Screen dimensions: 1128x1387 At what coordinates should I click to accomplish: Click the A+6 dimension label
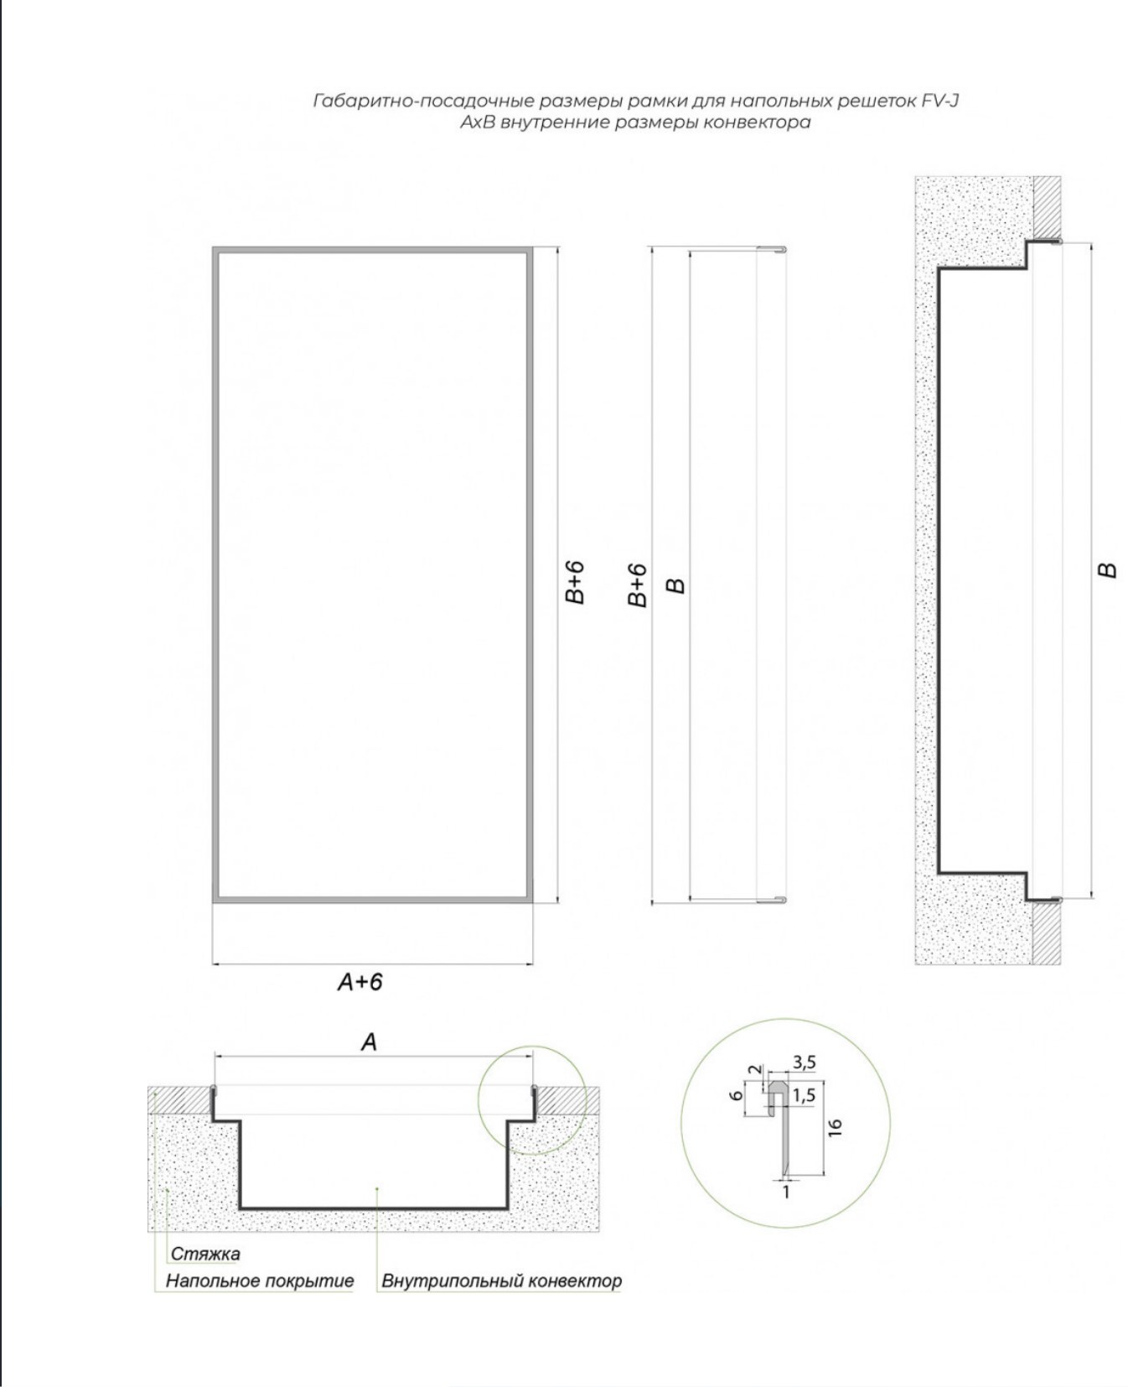tap(360, 981)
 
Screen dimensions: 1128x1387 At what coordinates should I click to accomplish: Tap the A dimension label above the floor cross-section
tap(369, 1042)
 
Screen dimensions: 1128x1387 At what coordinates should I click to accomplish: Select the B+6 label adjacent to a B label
tap(638, 584)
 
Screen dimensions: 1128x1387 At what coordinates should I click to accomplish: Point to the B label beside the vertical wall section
tap(1108, 570)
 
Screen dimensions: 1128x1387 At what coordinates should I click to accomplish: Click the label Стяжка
tap(205, 1254)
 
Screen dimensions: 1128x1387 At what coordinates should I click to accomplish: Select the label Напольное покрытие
tap(260, 1281)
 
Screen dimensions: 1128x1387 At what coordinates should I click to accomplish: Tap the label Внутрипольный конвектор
tap(501, 1281)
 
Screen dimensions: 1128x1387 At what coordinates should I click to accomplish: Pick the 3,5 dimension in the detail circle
tap(804, 1062)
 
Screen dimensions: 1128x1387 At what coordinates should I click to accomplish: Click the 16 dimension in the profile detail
tap(835, 1128)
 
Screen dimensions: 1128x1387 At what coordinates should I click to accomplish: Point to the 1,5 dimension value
tap(804, 1094)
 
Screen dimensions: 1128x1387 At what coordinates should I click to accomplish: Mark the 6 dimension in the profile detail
tap(736, 1095)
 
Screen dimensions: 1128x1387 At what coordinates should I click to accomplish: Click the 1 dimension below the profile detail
tap(786, 1191)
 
